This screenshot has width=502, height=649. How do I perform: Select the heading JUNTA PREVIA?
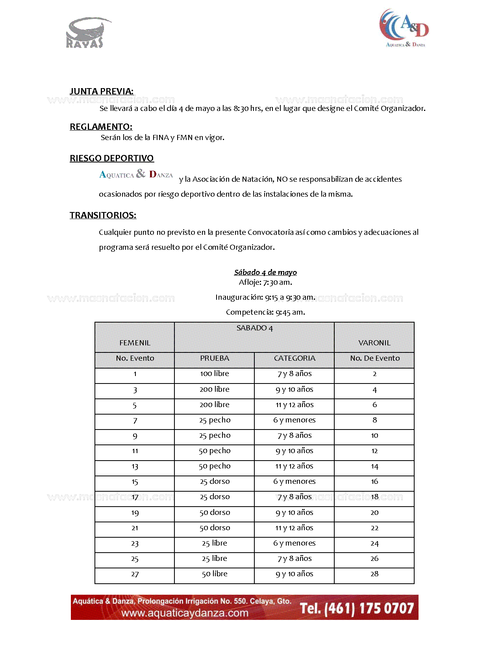pos(102,91)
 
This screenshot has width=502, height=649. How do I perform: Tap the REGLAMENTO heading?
pos(101,127)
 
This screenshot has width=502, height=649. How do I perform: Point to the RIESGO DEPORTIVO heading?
pos(112,158)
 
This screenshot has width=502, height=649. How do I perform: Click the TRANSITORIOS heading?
pos(103,215)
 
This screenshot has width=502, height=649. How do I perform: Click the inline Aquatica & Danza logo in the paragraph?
pos(136,174)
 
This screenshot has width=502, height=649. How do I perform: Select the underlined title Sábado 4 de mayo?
pos(265,272)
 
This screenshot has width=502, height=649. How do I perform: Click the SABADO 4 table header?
pos(254,328)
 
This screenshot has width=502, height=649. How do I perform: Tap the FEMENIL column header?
pos(135,343)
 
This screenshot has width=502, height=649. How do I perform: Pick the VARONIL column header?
pos(374,343)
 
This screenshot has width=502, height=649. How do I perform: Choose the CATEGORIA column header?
pos(295,358)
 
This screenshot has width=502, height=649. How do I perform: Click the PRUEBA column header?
pos(215,358)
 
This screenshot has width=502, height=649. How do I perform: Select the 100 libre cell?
pos(215,374)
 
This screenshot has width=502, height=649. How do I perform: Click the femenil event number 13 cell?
pos(135,466)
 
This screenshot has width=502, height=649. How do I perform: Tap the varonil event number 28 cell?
pos(374,574)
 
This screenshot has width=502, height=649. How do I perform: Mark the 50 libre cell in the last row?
pos(215,574)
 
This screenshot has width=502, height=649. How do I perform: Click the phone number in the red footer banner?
pos(357,608)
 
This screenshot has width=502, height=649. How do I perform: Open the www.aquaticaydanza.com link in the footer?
pos(185,613)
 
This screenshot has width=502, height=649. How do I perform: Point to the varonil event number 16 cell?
pos(374,481)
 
